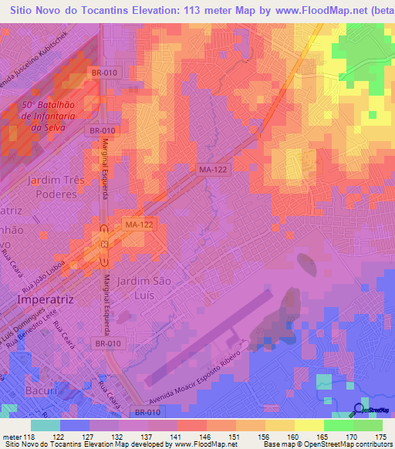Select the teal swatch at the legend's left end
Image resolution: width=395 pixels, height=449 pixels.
46,426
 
